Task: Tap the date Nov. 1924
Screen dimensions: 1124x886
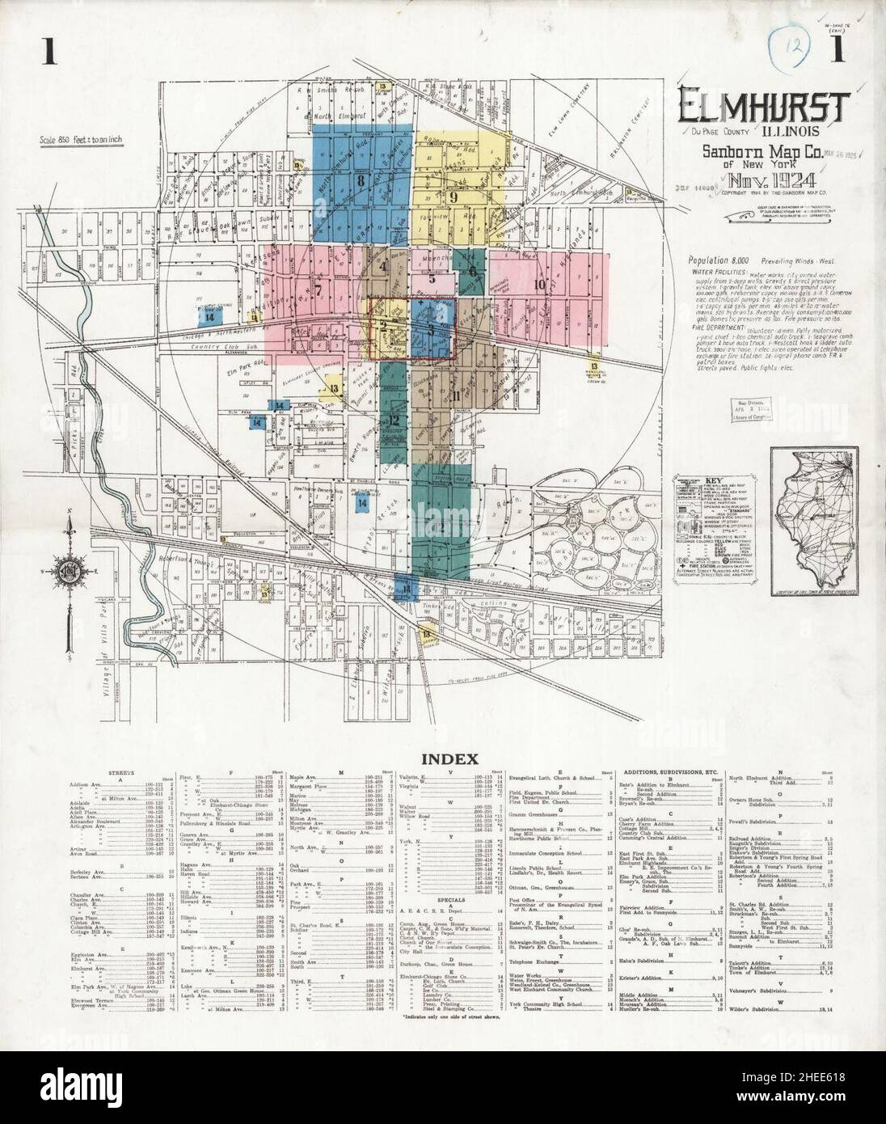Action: point(762,181)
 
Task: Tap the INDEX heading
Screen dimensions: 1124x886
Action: point(443,758)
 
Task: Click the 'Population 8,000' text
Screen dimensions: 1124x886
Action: point(719,261)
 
